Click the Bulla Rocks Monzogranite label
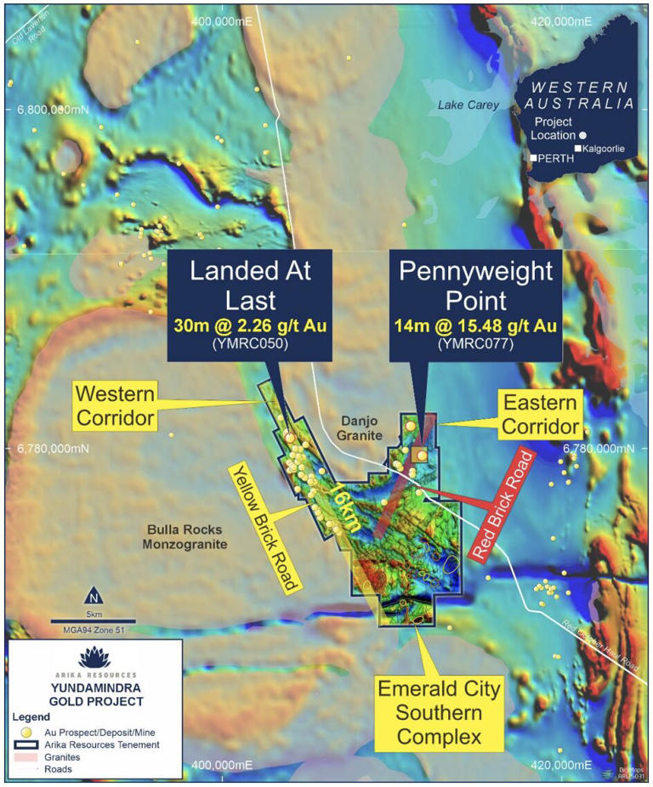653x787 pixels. [185, 537]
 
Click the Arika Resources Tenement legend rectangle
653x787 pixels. [26, 745]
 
